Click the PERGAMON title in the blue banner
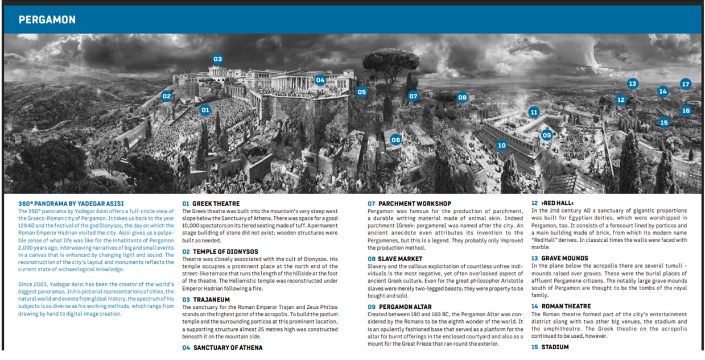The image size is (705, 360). pos(47,20)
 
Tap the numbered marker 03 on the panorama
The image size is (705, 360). pos(217,59)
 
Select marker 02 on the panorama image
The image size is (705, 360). pos(166,96)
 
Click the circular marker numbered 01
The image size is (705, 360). pos(205,110)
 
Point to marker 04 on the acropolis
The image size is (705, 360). pos(320,80)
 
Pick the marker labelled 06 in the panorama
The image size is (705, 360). pos(395,139)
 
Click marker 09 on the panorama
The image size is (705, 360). pos(546,135)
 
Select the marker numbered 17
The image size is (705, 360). pos(685,84)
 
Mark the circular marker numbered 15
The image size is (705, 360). pos(663,122)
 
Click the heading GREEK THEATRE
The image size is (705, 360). pos(216,204)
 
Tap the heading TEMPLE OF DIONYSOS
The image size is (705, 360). pos(225,251)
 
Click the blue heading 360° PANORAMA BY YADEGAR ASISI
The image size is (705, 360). pos(71,204)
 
